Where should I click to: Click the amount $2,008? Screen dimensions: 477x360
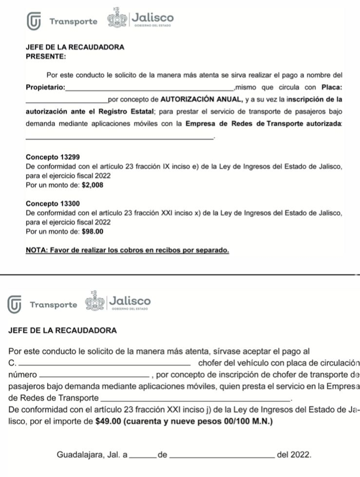[92, 185]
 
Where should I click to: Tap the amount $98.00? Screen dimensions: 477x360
[92, 232]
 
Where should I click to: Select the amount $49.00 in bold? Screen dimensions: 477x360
[110, 421]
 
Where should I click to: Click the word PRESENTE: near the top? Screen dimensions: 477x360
[45, 56]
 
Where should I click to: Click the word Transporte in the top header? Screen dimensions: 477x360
[73, 22]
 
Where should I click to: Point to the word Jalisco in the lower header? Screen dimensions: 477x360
[131, 300]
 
